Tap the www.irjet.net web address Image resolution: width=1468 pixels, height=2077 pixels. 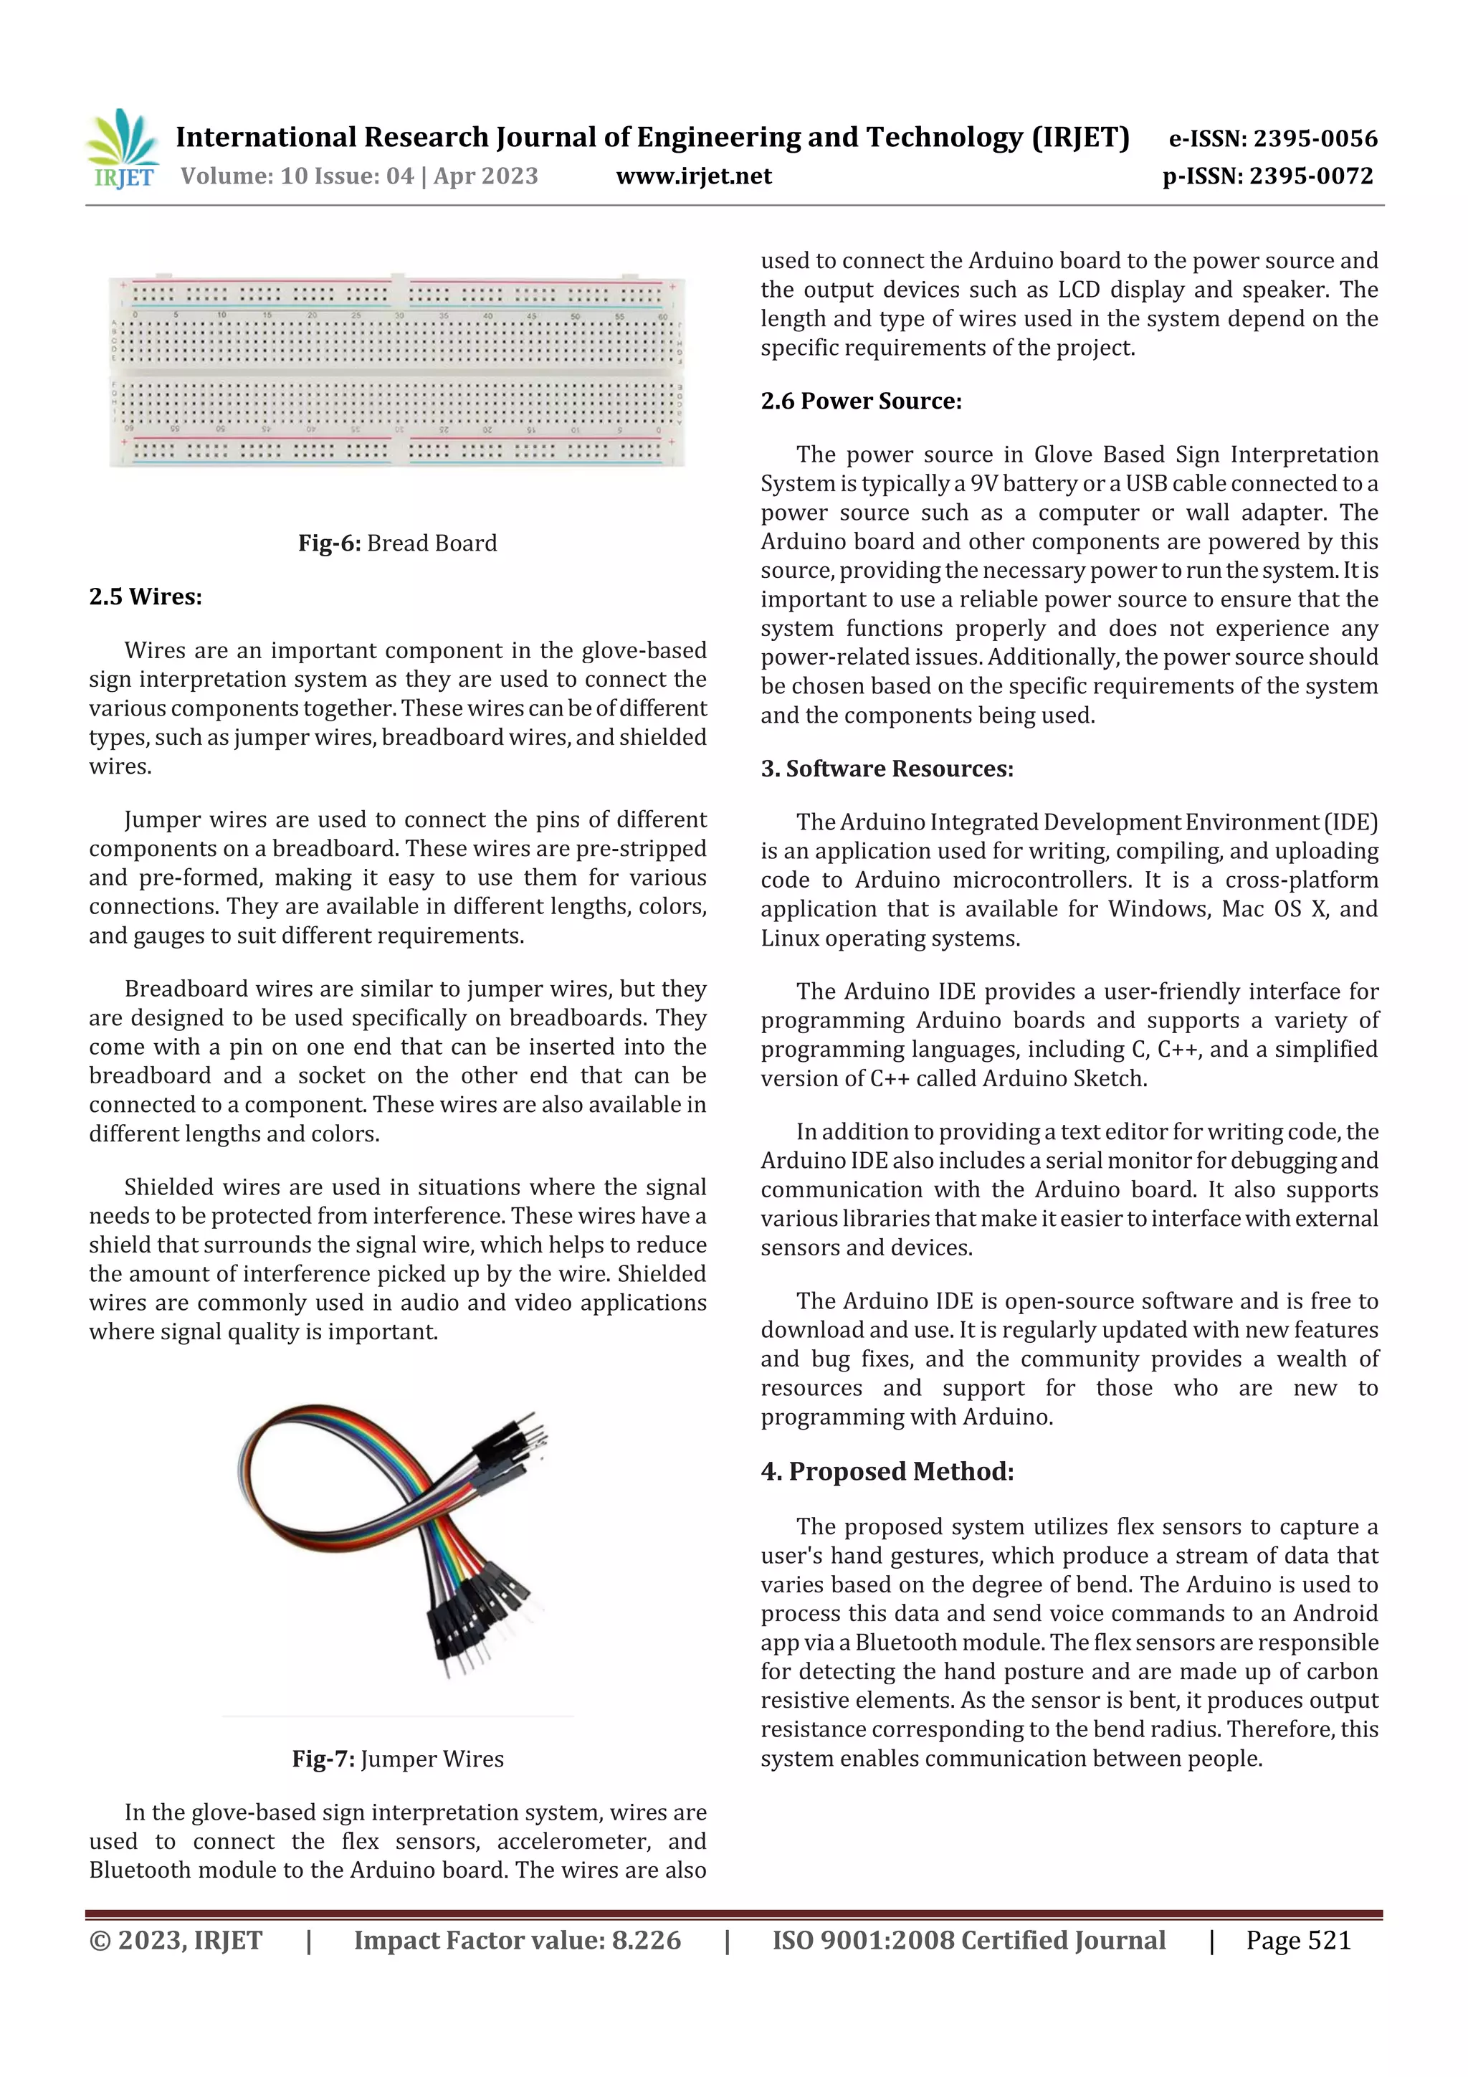coord(694,176)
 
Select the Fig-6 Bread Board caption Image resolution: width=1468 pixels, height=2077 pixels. coord(397,543)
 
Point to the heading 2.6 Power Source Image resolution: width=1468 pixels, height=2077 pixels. coord(860,401)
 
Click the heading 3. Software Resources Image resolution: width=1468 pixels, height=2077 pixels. coord(887,768)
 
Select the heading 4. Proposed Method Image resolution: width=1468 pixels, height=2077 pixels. coord(887,1471)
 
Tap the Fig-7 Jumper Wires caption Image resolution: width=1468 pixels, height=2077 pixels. coord(397,1759)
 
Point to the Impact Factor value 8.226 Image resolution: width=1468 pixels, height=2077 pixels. coord(518,1940)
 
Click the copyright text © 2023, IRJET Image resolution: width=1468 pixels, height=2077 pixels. coord(176,1940)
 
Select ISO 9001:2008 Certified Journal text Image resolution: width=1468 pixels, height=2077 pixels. coord(968,1940)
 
